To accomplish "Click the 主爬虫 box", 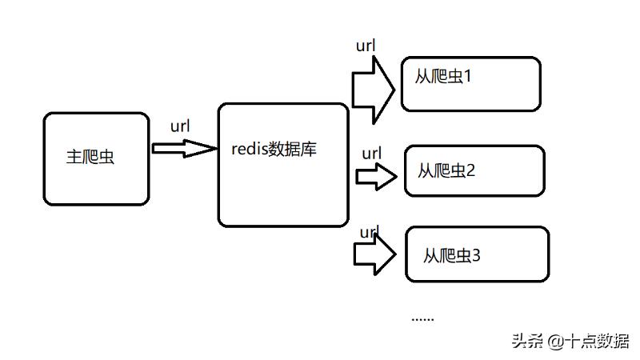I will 96,158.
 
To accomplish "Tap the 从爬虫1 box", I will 470,83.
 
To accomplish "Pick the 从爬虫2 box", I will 474,170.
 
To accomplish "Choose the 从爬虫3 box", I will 477,254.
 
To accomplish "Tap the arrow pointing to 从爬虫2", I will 375,177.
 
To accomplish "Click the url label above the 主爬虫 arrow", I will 180,126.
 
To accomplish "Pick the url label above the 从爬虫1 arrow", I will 366,46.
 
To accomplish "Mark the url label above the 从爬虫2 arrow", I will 371,153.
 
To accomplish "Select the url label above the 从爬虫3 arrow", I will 369,233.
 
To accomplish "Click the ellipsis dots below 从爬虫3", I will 422,318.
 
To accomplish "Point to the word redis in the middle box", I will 250,149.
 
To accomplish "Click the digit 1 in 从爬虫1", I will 469,78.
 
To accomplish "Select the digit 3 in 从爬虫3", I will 476,256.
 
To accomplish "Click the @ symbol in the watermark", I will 556,341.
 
